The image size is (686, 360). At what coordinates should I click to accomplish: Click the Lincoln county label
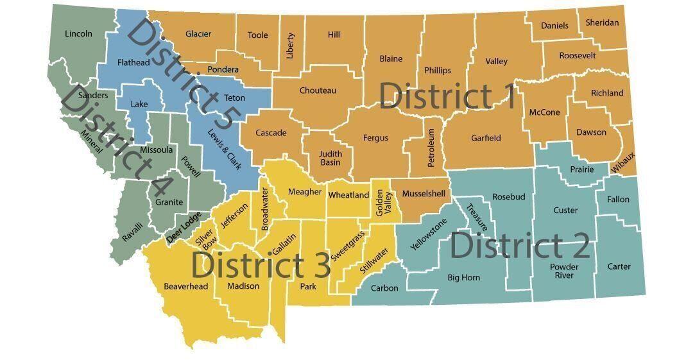[78, 33]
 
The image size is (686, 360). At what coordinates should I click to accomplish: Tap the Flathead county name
[133, 62]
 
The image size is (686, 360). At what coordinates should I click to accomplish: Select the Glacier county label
[198, 34]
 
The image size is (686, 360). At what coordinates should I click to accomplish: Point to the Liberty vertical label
[290, 46]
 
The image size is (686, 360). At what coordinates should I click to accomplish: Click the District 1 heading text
[447, 96]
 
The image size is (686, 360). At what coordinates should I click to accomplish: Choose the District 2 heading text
[520, 246]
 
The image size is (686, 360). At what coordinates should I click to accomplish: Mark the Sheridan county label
[602, 23]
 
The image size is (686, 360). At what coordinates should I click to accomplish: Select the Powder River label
[564, 271]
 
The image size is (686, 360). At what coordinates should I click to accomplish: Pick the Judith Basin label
[331, 158]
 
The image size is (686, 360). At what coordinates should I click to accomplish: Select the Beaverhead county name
[186, 286]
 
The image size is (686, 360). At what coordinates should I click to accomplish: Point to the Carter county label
[619, 266]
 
